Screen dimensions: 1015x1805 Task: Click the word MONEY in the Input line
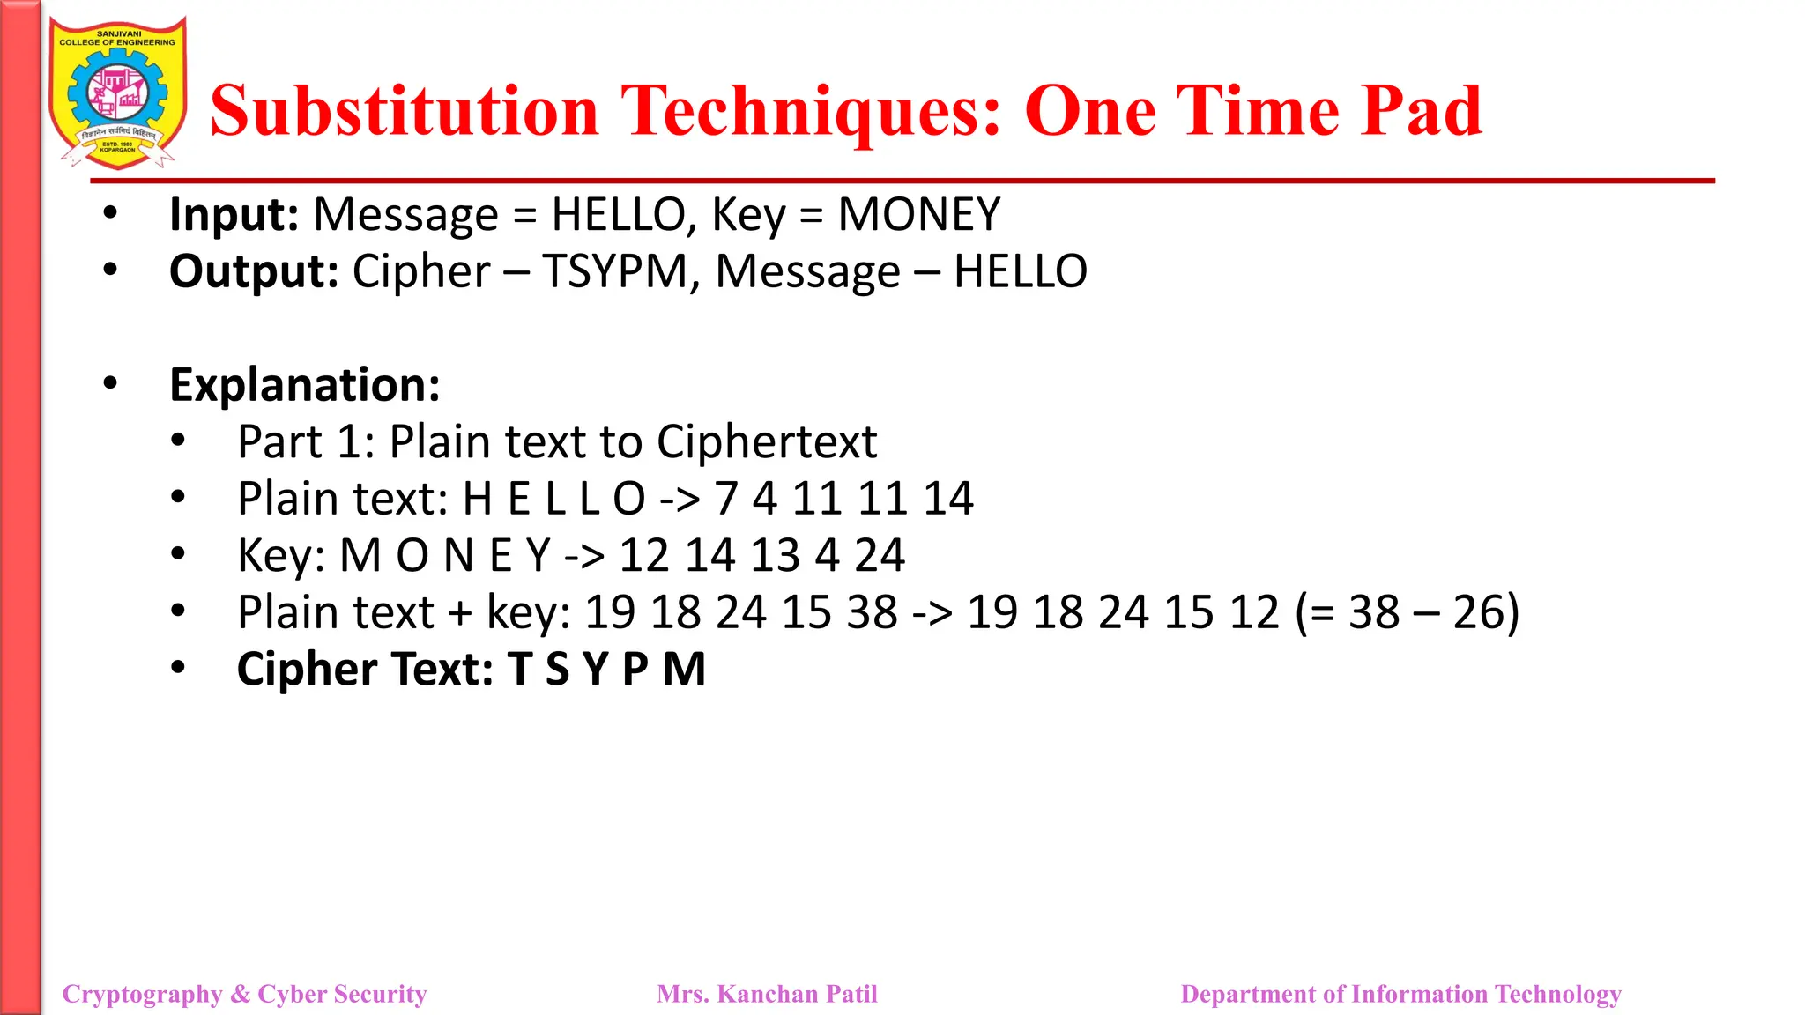tap(918, 215)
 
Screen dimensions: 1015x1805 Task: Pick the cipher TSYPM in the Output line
tap(614, 271)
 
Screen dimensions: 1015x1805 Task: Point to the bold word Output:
tap(254, 271)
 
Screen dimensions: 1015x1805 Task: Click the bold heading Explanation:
tap(304, 385)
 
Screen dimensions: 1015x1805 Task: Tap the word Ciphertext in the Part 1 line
tap(767, 441)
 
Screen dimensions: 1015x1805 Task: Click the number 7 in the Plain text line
tap(726, 499)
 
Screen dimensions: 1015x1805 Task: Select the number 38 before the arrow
tap(872, 612)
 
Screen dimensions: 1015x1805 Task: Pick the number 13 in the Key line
tap(775, 555)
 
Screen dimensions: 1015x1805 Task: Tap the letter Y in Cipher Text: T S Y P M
tap(596, 670)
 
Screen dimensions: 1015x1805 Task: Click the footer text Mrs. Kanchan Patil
tap(767, 994)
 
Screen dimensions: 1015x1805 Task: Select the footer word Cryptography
tap(142, 994)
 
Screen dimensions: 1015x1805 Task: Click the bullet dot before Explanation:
tap(110, 383)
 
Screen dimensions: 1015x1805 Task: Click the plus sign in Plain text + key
tap(460, 613)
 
